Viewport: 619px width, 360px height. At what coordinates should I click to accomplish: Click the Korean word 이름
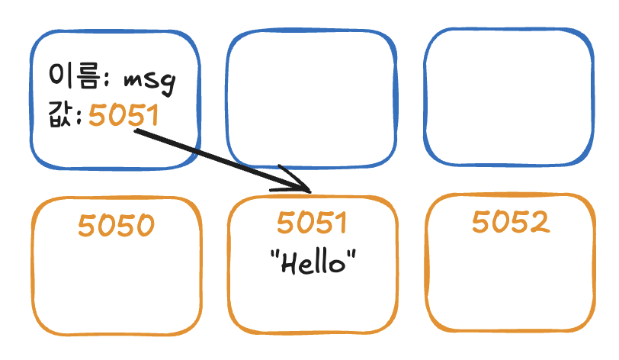point(74,76)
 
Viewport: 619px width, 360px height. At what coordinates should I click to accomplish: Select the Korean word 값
point(60,114)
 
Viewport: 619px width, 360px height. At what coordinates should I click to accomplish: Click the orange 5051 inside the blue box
point(123,115)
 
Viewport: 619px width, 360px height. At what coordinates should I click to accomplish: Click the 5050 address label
point(116,225)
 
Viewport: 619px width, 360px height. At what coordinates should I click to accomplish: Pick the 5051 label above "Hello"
point(312,222)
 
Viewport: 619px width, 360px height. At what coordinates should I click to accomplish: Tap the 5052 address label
point(511,221)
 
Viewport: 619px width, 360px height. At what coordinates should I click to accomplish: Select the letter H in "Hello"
point(289,263)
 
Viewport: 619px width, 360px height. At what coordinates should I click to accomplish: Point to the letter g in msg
point(168,84)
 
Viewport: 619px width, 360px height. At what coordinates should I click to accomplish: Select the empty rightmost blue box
point(509,97)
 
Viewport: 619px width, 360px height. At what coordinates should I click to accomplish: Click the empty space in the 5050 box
point(117,284)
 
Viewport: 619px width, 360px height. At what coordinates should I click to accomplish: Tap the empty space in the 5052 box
point(511,281)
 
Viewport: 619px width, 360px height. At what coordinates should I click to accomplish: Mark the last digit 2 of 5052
point(540,222)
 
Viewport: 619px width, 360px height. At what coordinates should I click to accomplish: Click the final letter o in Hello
point(337,265)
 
